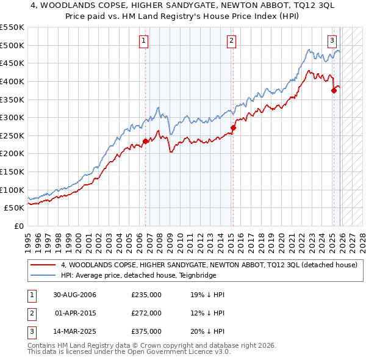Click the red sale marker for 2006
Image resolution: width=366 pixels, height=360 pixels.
pyautogui.click(x=145, y=141)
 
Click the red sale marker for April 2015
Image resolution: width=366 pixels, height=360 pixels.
pyautogui.click(x=233, y=128)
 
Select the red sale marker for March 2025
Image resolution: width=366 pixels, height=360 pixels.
pyautogui.click(x=334, y=90)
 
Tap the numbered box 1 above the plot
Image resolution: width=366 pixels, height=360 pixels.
pyautogui.click(x=143, y=41)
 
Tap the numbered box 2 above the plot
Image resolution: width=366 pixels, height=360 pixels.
pyautogui.click(x=232, y=41)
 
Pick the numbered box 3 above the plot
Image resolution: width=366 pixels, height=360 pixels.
pyautogui.click(x=332, y=41)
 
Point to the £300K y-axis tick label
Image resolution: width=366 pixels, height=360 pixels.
pyautogui.click(x=12, y=117)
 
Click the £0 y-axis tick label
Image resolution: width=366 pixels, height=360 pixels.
pyautogui.click(x=19, y=226)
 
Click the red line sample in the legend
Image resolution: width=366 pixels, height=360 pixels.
pyautogui.click(x=43, y=265)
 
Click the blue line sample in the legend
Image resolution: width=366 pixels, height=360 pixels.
pyautogui.click(x=43, y=275)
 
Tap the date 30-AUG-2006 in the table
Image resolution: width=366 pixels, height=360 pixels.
pyautogui.click(x=74, y=295)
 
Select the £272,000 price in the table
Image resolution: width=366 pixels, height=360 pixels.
pyautogui.click(x=146, y=313)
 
